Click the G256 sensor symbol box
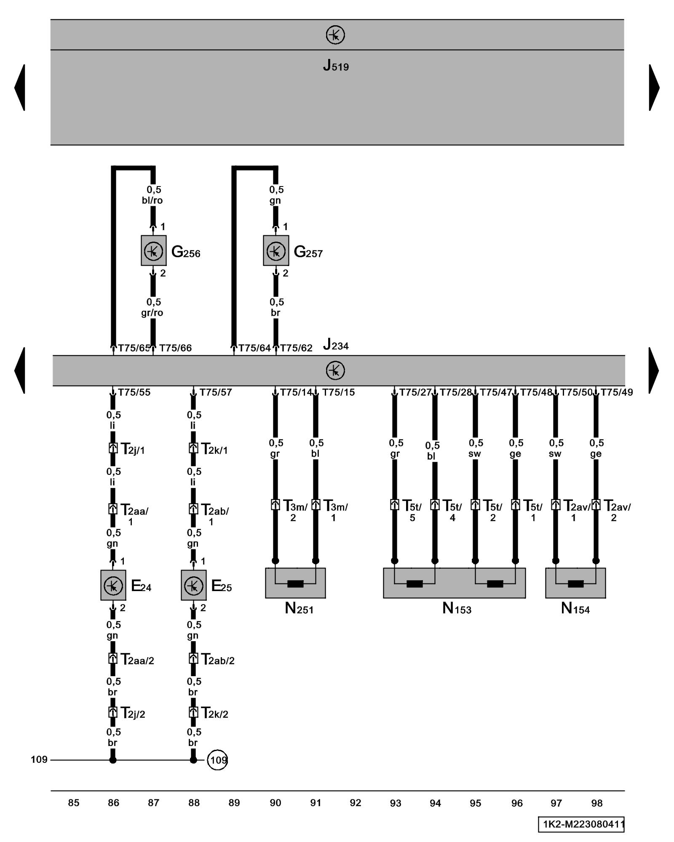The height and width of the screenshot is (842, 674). (x=153, y=250)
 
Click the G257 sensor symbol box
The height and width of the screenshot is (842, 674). (x=276, y=250)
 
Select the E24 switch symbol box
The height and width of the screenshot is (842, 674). (x=113, y=585)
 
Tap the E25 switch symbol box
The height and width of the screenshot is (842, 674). (x=193, y=585)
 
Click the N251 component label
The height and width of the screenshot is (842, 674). (x=299, y=608)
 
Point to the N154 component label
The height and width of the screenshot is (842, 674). (x=575, y=608)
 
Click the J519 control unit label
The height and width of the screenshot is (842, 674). (x=336, y=66)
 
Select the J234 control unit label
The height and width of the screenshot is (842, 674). (x=336, y=346)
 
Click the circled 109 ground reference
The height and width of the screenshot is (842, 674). (x=217, y=760)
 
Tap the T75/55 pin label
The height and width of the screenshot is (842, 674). (x=134, y=392)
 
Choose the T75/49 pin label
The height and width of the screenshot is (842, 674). (x=617, y=392)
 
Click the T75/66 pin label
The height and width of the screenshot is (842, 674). (x=175, y=348)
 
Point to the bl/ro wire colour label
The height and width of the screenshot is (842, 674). (x=152, y=200)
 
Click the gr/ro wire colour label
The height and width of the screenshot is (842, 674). (x=152, y=313)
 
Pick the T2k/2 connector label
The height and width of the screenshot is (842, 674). (x=214, y=714)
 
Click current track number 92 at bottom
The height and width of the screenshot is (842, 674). (x=356, y=803)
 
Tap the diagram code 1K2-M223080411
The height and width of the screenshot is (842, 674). (x=581, y=824)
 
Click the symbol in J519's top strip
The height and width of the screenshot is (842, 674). (x=335, y=35)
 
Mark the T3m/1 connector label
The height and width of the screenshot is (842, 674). (x=335, y=510)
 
